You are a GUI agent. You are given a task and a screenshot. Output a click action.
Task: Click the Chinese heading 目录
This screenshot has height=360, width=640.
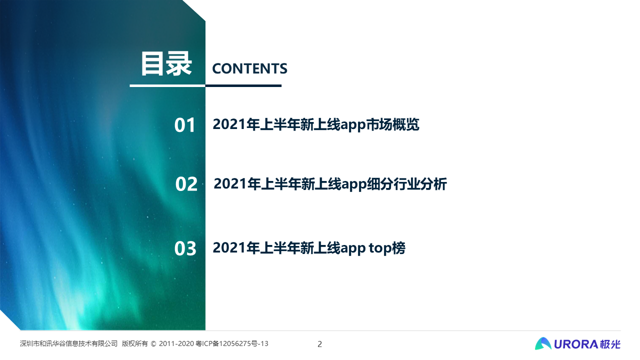click(x=166, y=64)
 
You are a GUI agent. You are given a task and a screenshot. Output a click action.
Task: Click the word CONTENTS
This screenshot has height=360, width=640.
click(x=249, y=68)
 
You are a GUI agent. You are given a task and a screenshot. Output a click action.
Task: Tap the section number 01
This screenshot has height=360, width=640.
click(x=185, y=125)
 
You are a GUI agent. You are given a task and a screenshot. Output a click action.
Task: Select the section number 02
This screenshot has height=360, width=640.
click(x=186, y=184)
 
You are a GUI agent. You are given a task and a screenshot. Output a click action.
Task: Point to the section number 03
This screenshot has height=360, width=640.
click(x=185, y=248)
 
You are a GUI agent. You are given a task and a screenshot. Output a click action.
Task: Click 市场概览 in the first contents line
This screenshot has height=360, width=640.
click(x=392, y=124)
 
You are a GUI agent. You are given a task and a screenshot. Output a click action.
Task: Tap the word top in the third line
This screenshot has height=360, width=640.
click(x=379, y=248)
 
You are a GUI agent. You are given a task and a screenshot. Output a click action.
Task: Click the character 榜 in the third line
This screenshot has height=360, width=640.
click(x=398, y=247)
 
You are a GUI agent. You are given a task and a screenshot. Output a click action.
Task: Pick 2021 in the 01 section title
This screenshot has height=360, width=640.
click(x=229, y=124)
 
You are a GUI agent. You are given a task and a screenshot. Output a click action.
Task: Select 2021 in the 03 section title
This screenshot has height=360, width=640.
click(x=229, y=247)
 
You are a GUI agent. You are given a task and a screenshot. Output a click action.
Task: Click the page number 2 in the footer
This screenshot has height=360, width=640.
click(x=319, y=344)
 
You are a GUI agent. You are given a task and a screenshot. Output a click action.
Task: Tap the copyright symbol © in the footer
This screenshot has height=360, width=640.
click(x=153, y=343)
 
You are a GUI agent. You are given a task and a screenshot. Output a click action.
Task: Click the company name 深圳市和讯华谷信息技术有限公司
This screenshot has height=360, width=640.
click(x=69, y=343)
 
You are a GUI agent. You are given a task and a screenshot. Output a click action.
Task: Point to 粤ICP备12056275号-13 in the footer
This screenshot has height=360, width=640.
click(x=232, y=343)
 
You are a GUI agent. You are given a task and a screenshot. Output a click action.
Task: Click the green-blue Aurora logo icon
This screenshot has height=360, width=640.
click(x=543, y=343)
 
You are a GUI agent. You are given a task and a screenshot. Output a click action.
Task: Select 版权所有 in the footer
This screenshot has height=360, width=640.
click(x=134, y=343)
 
